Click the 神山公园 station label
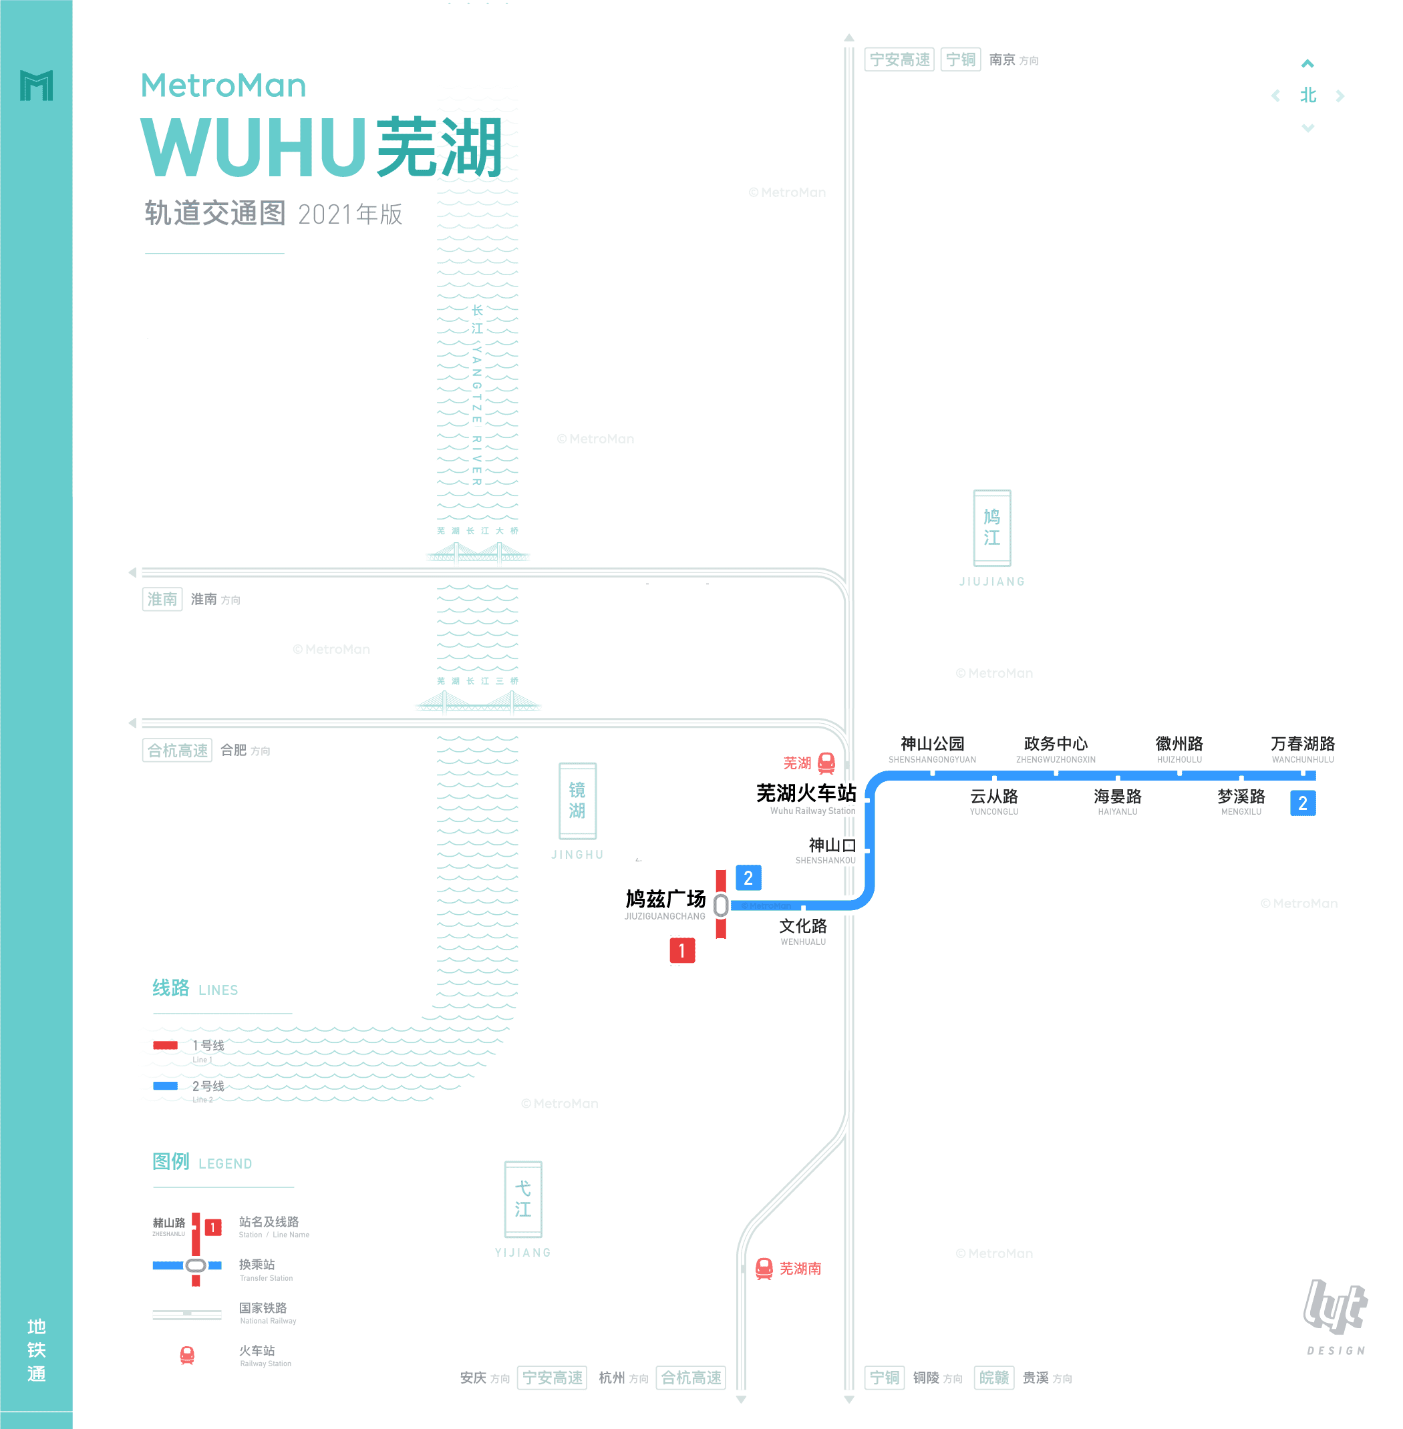pos(932,744)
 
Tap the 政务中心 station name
pos(1055,744)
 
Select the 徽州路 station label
pos(1179,744)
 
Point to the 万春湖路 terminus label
pos(1302,744)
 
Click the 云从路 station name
pos(993,796)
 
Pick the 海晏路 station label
pos(1117,796)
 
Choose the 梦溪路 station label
pos(1241,796)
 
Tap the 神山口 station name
pos(832,845)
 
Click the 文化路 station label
pos(803,926)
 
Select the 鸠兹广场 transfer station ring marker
pos(721,905)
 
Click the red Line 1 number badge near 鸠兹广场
pos(682,950)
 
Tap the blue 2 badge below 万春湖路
pos(1303,803)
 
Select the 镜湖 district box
pos(577,801)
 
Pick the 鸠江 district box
pos(992,528)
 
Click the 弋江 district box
pos(523,1199)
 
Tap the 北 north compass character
pos(1308,95)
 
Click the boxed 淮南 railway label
pos(162,599)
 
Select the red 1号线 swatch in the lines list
pos(165,1045)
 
